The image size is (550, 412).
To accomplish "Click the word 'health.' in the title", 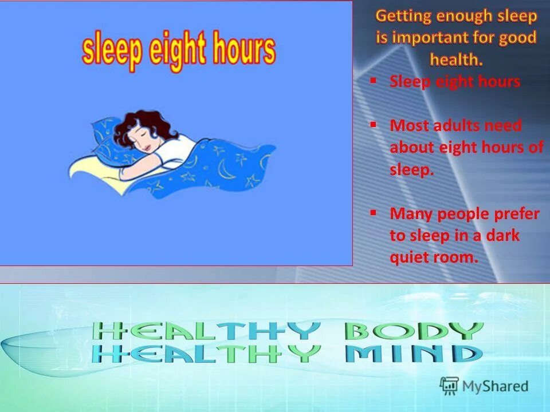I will pos(456,59).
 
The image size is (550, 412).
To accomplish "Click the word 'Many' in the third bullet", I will pos(411,214).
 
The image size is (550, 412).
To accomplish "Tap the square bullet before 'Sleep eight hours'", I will pos(374,81).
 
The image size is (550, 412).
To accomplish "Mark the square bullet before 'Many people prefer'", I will pos(374,212).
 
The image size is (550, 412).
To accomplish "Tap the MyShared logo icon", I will pos(449,386).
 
